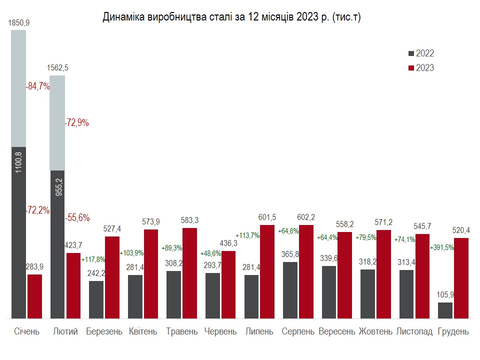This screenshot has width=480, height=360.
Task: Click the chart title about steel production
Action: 231,17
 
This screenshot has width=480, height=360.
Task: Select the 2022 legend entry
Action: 421,53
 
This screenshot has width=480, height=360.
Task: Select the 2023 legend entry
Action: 421,67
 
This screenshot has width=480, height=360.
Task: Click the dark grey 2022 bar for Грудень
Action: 445,310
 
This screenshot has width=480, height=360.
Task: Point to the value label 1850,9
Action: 18,23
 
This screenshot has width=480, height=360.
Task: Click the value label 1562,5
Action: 57,68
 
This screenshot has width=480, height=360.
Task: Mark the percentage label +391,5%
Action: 441,247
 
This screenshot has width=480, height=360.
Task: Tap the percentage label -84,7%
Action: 38,86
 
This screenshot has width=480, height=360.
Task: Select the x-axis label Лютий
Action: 65,331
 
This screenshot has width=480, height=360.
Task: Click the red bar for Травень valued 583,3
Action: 190,273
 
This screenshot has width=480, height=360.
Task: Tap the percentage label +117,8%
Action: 93,259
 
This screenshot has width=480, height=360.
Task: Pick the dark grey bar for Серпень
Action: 290,290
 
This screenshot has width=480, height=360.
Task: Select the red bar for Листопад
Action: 422,276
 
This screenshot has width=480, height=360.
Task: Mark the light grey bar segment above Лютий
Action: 57,122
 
